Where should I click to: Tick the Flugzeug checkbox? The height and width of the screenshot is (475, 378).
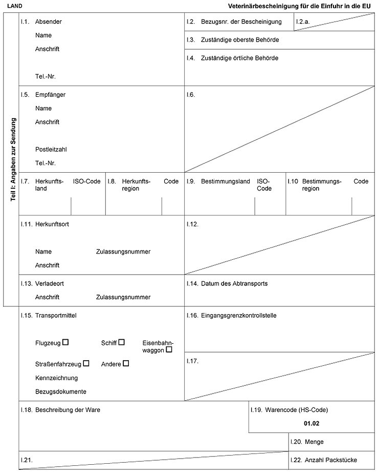(x=65, y=342)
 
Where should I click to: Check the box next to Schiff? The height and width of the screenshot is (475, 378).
(x=121, y=342)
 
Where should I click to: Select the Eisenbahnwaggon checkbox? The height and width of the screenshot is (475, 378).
(x=169, y=349)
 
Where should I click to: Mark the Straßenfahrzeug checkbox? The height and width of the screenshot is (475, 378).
(x=86, y=363)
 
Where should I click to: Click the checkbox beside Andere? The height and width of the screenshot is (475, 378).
(x=126, y=363)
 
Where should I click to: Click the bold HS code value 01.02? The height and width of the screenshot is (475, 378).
(x=311, y=423)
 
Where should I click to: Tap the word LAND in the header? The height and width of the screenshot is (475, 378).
(x=14, y=6)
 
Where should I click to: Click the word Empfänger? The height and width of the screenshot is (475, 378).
(x=50, y=95)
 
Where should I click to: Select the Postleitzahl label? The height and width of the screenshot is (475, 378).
(x=51, y=150)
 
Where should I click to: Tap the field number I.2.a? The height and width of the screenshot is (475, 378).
(x=303, y=22)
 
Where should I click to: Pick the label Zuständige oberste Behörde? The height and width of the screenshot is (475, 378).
(x=240, y=39)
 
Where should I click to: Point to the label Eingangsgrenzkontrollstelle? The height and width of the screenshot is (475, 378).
(x=238, y=316)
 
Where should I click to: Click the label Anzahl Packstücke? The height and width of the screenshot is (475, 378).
(x=330, y=460)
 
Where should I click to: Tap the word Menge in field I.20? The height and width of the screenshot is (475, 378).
(x=314, y=442)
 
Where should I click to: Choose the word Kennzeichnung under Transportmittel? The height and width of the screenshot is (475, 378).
(x=57, y=378)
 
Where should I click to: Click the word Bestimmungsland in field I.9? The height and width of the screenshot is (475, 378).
(x=225, y=181)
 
